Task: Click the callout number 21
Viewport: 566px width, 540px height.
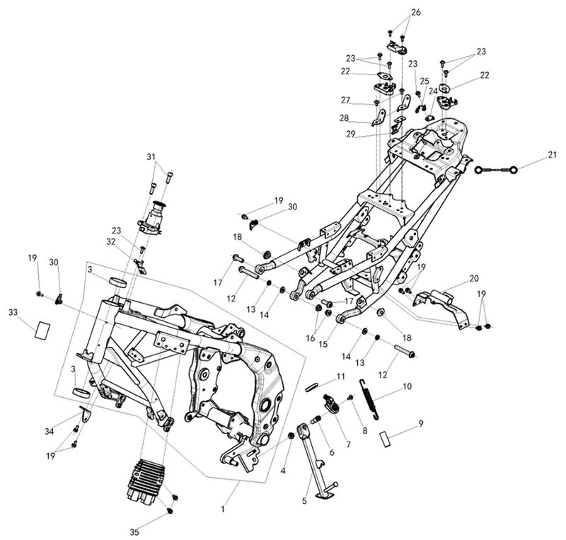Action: point(552,155)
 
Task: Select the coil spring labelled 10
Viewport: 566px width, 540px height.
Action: point(369,398)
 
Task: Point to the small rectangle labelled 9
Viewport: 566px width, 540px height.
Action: point(385,439)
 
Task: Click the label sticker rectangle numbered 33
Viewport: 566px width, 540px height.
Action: point(42,329)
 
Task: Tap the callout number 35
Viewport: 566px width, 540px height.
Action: point(134,532)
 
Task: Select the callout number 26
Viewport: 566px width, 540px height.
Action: point(416,12)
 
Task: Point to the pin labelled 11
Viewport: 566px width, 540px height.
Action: point(311,387)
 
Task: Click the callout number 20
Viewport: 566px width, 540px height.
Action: point(474,278)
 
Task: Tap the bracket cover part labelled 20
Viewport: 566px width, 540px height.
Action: point(442,306)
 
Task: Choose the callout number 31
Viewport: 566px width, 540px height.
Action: point(151,156)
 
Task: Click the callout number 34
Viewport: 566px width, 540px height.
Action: point(50,431)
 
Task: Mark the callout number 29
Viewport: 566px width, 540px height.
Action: point(350,134)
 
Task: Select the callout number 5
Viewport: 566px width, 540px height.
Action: point(304,501)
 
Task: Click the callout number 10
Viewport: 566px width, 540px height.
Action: point(407,386)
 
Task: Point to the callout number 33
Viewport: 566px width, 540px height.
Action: point(13,313)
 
